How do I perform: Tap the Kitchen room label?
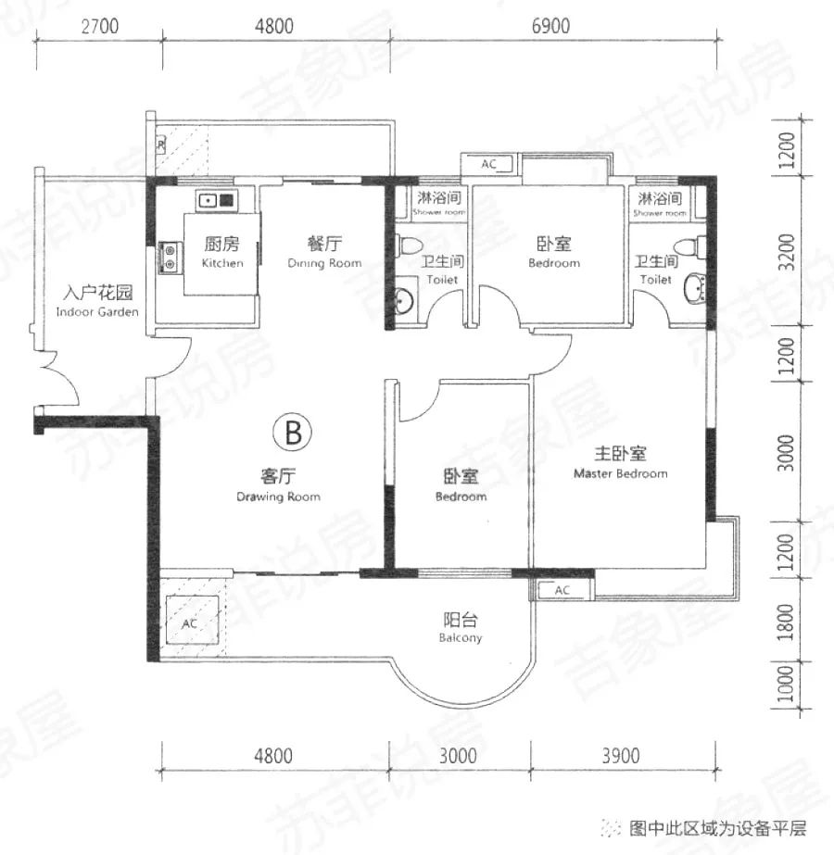222,252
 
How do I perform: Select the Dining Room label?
324,252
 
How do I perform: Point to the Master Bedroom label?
620,462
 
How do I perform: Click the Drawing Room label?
278,485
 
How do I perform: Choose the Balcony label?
461,628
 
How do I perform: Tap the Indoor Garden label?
97,302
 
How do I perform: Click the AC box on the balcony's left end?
191,623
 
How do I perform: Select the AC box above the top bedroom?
489,164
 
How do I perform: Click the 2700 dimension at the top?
99,26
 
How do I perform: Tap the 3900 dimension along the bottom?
620,756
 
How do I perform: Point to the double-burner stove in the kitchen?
170,257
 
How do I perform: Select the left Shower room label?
438,203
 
